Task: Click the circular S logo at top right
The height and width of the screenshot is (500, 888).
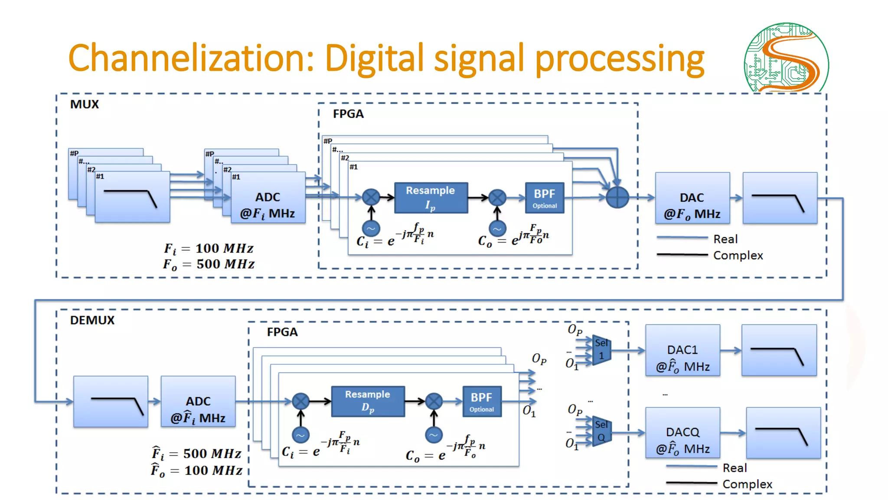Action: [786, 57]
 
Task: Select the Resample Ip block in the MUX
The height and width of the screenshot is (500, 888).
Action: [431, 197]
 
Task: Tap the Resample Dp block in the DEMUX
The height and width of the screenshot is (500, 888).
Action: [368, 401]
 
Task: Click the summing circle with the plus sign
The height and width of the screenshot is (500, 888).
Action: [617, 197]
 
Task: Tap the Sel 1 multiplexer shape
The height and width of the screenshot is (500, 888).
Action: [601, 350]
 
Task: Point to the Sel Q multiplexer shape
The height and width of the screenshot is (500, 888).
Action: [601, 431]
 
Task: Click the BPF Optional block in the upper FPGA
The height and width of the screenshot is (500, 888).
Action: [545, 197]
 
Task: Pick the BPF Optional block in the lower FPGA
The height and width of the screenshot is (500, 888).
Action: [481, 401]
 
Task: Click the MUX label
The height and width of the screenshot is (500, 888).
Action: [85, 104]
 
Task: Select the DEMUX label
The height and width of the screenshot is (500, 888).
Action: [92, 320]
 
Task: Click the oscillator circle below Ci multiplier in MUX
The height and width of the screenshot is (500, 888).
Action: [371, 228]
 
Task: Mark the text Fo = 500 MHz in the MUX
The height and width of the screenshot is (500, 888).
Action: [209, 264]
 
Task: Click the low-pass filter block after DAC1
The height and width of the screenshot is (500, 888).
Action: [779, 350]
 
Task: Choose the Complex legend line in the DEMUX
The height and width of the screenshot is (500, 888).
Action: [691, 483]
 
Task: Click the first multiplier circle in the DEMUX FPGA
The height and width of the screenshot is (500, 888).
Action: [300, 401]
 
